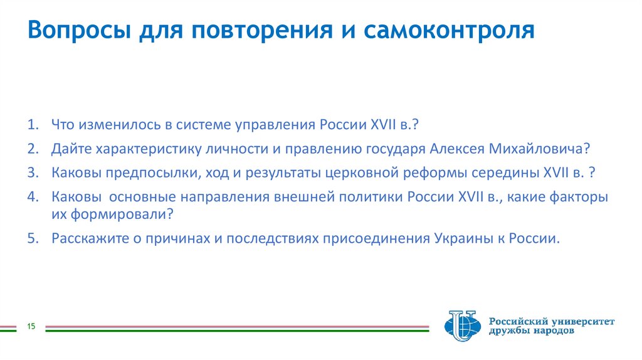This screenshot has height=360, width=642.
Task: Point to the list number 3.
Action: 32,172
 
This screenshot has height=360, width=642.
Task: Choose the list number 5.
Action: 32,238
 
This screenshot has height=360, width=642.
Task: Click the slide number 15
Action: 29,327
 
